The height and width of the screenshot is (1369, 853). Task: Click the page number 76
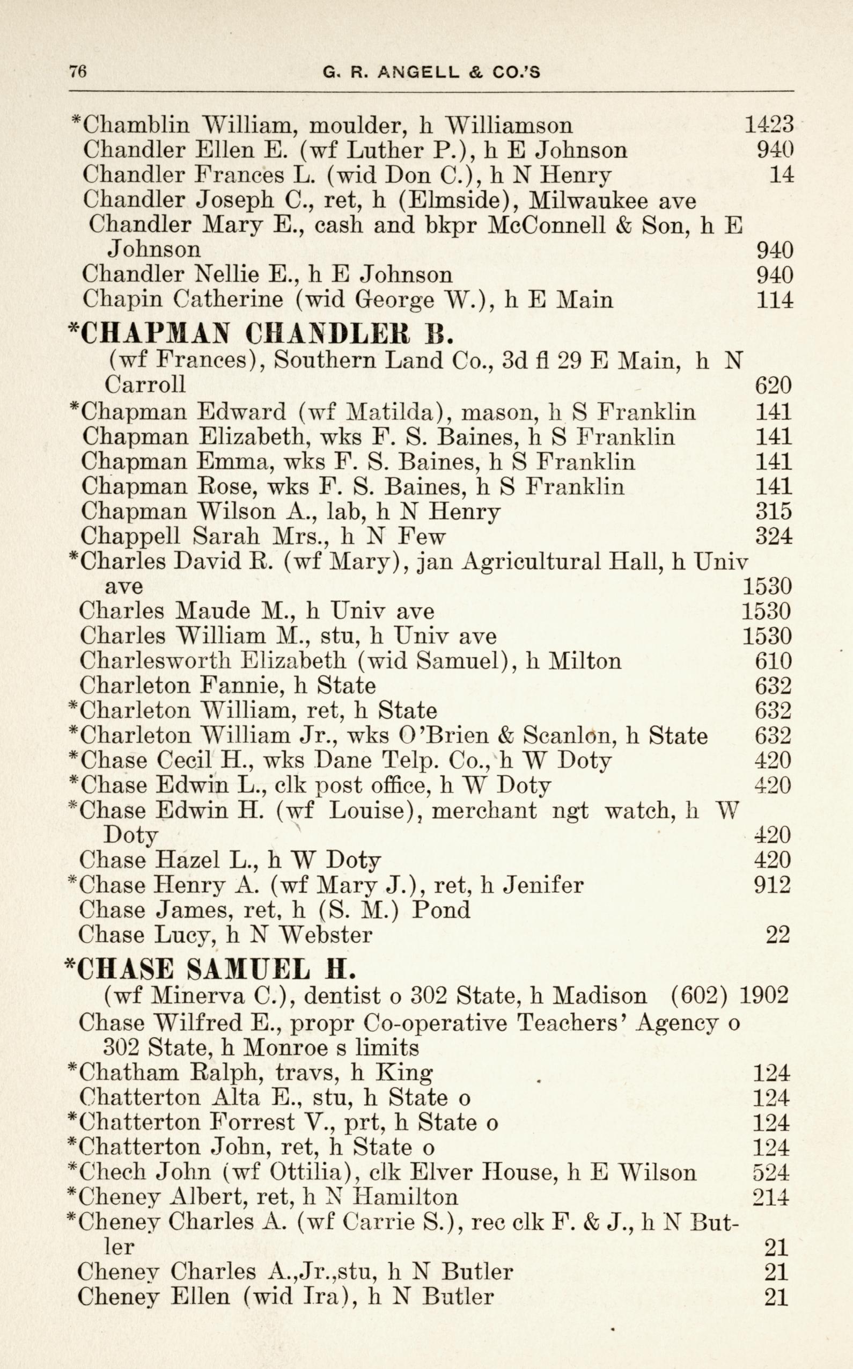(x=77, y=72)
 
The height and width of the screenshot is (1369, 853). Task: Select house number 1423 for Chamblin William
(x=769, y=125)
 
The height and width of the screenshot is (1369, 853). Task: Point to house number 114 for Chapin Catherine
(x=774, y=299)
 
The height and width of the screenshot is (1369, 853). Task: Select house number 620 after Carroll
(x=773, y=385)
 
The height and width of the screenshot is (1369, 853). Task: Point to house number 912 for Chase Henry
(x=773, y=885)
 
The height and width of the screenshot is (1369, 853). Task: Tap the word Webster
(x=326, y=935)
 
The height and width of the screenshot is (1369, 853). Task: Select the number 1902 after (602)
(x=763, y=995)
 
